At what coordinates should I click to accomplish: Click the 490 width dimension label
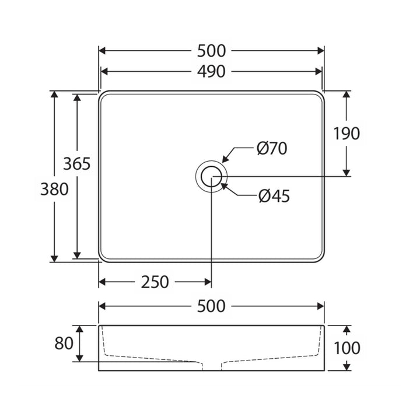point(211,72)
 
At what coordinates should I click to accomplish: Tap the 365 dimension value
point(77,164)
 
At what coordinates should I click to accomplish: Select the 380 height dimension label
point(54,189)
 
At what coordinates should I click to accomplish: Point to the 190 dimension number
point(346,134)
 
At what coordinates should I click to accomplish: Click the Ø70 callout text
point(272,148)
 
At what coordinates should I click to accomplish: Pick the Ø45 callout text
point(274,196)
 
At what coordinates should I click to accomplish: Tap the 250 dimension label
point(155,282)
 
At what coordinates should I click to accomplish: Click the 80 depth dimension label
point(64,343)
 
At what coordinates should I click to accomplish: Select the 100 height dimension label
point(347,348)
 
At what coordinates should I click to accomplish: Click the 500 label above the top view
point(211,51)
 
